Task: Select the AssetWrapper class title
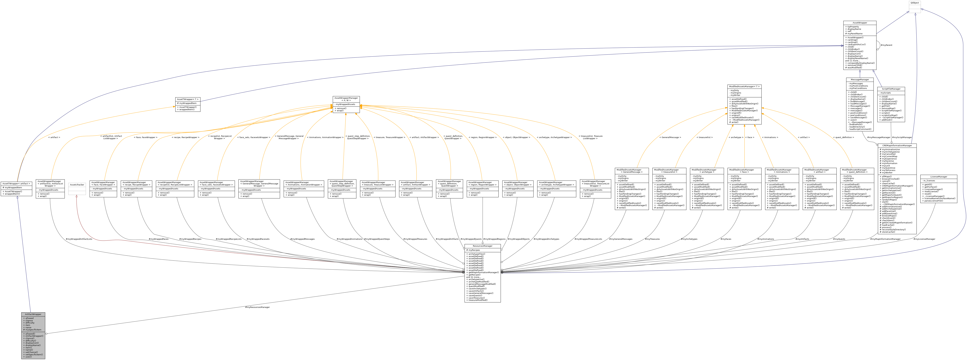(860, 23)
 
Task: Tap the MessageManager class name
(860, 80)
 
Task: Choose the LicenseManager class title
(939, 176)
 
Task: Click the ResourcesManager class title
(482, 246)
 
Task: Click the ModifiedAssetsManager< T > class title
(744, 86)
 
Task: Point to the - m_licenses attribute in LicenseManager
(929, 181)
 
